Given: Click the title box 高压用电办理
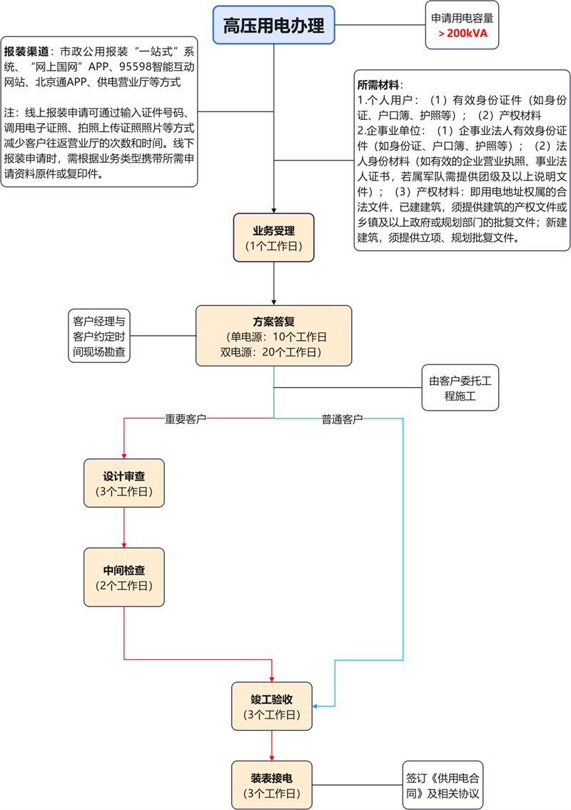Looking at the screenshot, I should pos(273,26).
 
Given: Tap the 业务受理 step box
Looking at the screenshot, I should pos(273,237).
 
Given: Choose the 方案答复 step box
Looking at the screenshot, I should pos(273,336).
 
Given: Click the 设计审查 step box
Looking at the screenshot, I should pos(124,483).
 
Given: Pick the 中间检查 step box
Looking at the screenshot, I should pos(124,577).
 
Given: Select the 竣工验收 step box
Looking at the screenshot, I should pos(272,706).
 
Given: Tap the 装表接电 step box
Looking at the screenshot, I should pos(272,784).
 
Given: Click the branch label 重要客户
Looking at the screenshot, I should pos(186,419).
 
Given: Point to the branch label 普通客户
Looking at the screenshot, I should pos(342,419).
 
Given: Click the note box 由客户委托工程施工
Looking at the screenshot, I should pos(460,388).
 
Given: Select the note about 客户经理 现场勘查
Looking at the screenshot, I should pos(99,336).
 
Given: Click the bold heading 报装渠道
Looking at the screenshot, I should pos(27,52).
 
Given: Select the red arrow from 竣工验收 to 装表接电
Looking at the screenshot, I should pos(272,745).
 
